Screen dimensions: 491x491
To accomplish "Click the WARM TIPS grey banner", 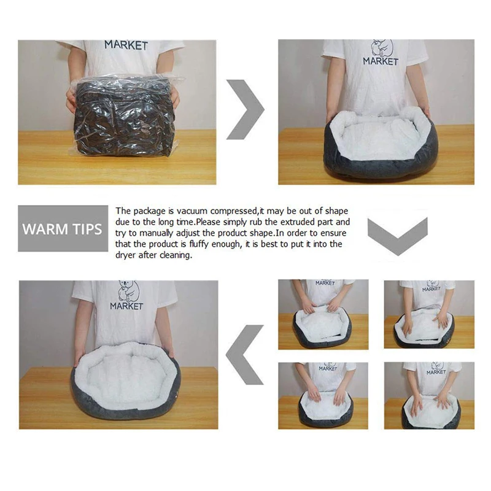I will point(62,228).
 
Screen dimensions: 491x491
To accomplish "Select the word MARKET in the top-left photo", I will point(126,45).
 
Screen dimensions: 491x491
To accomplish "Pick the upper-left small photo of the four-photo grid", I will point(323,314).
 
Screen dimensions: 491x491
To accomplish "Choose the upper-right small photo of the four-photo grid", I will point(429,314).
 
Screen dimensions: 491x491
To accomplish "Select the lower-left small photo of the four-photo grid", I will point(323,395).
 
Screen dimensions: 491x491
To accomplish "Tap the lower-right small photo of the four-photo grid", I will point(429,395).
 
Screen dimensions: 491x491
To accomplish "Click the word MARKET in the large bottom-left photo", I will point(126,306).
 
